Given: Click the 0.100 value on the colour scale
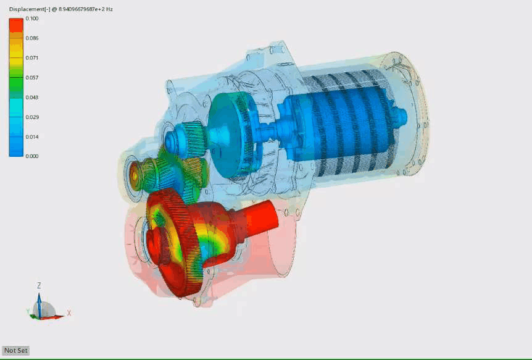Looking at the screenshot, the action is click(x=32, y=19).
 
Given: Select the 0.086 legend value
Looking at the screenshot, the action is click(x=32, y=38).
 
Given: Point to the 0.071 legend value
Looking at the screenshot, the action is click(x=32, y=58).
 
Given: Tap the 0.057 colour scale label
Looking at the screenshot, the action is click(x=32, y=77).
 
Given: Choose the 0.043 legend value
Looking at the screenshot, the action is click(x=32, y=97).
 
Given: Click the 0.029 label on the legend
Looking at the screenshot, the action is click(x=32, y=117).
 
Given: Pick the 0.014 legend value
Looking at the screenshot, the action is click(x=32, y=137).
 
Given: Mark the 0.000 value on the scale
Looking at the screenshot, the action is click(x=32, y=156).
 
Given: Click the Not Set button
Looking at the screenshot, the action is click(x=16, y=350).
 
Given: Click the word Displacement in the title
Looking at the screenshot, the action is click(x=27, y=9).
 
